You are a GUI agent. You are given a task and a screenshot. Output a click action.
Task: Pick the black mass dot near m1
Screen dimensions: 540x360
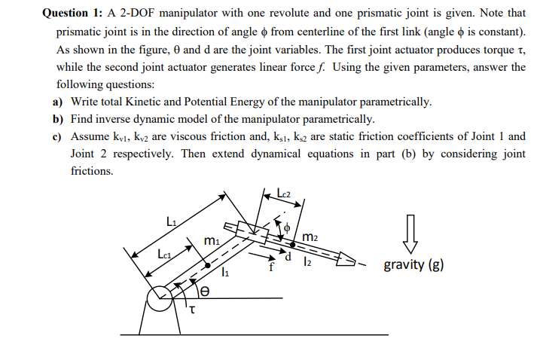pyautogui.click(x=206, y=265)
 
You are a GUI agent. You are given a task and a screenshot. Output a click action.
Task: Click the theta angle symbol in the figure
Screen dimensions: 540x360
pyautogui.click(x=202, y=288)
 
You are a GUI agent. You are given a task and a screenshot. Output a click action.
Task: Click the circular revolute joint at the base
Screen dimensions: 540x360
pyautogui.click(x=160, y=299)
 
